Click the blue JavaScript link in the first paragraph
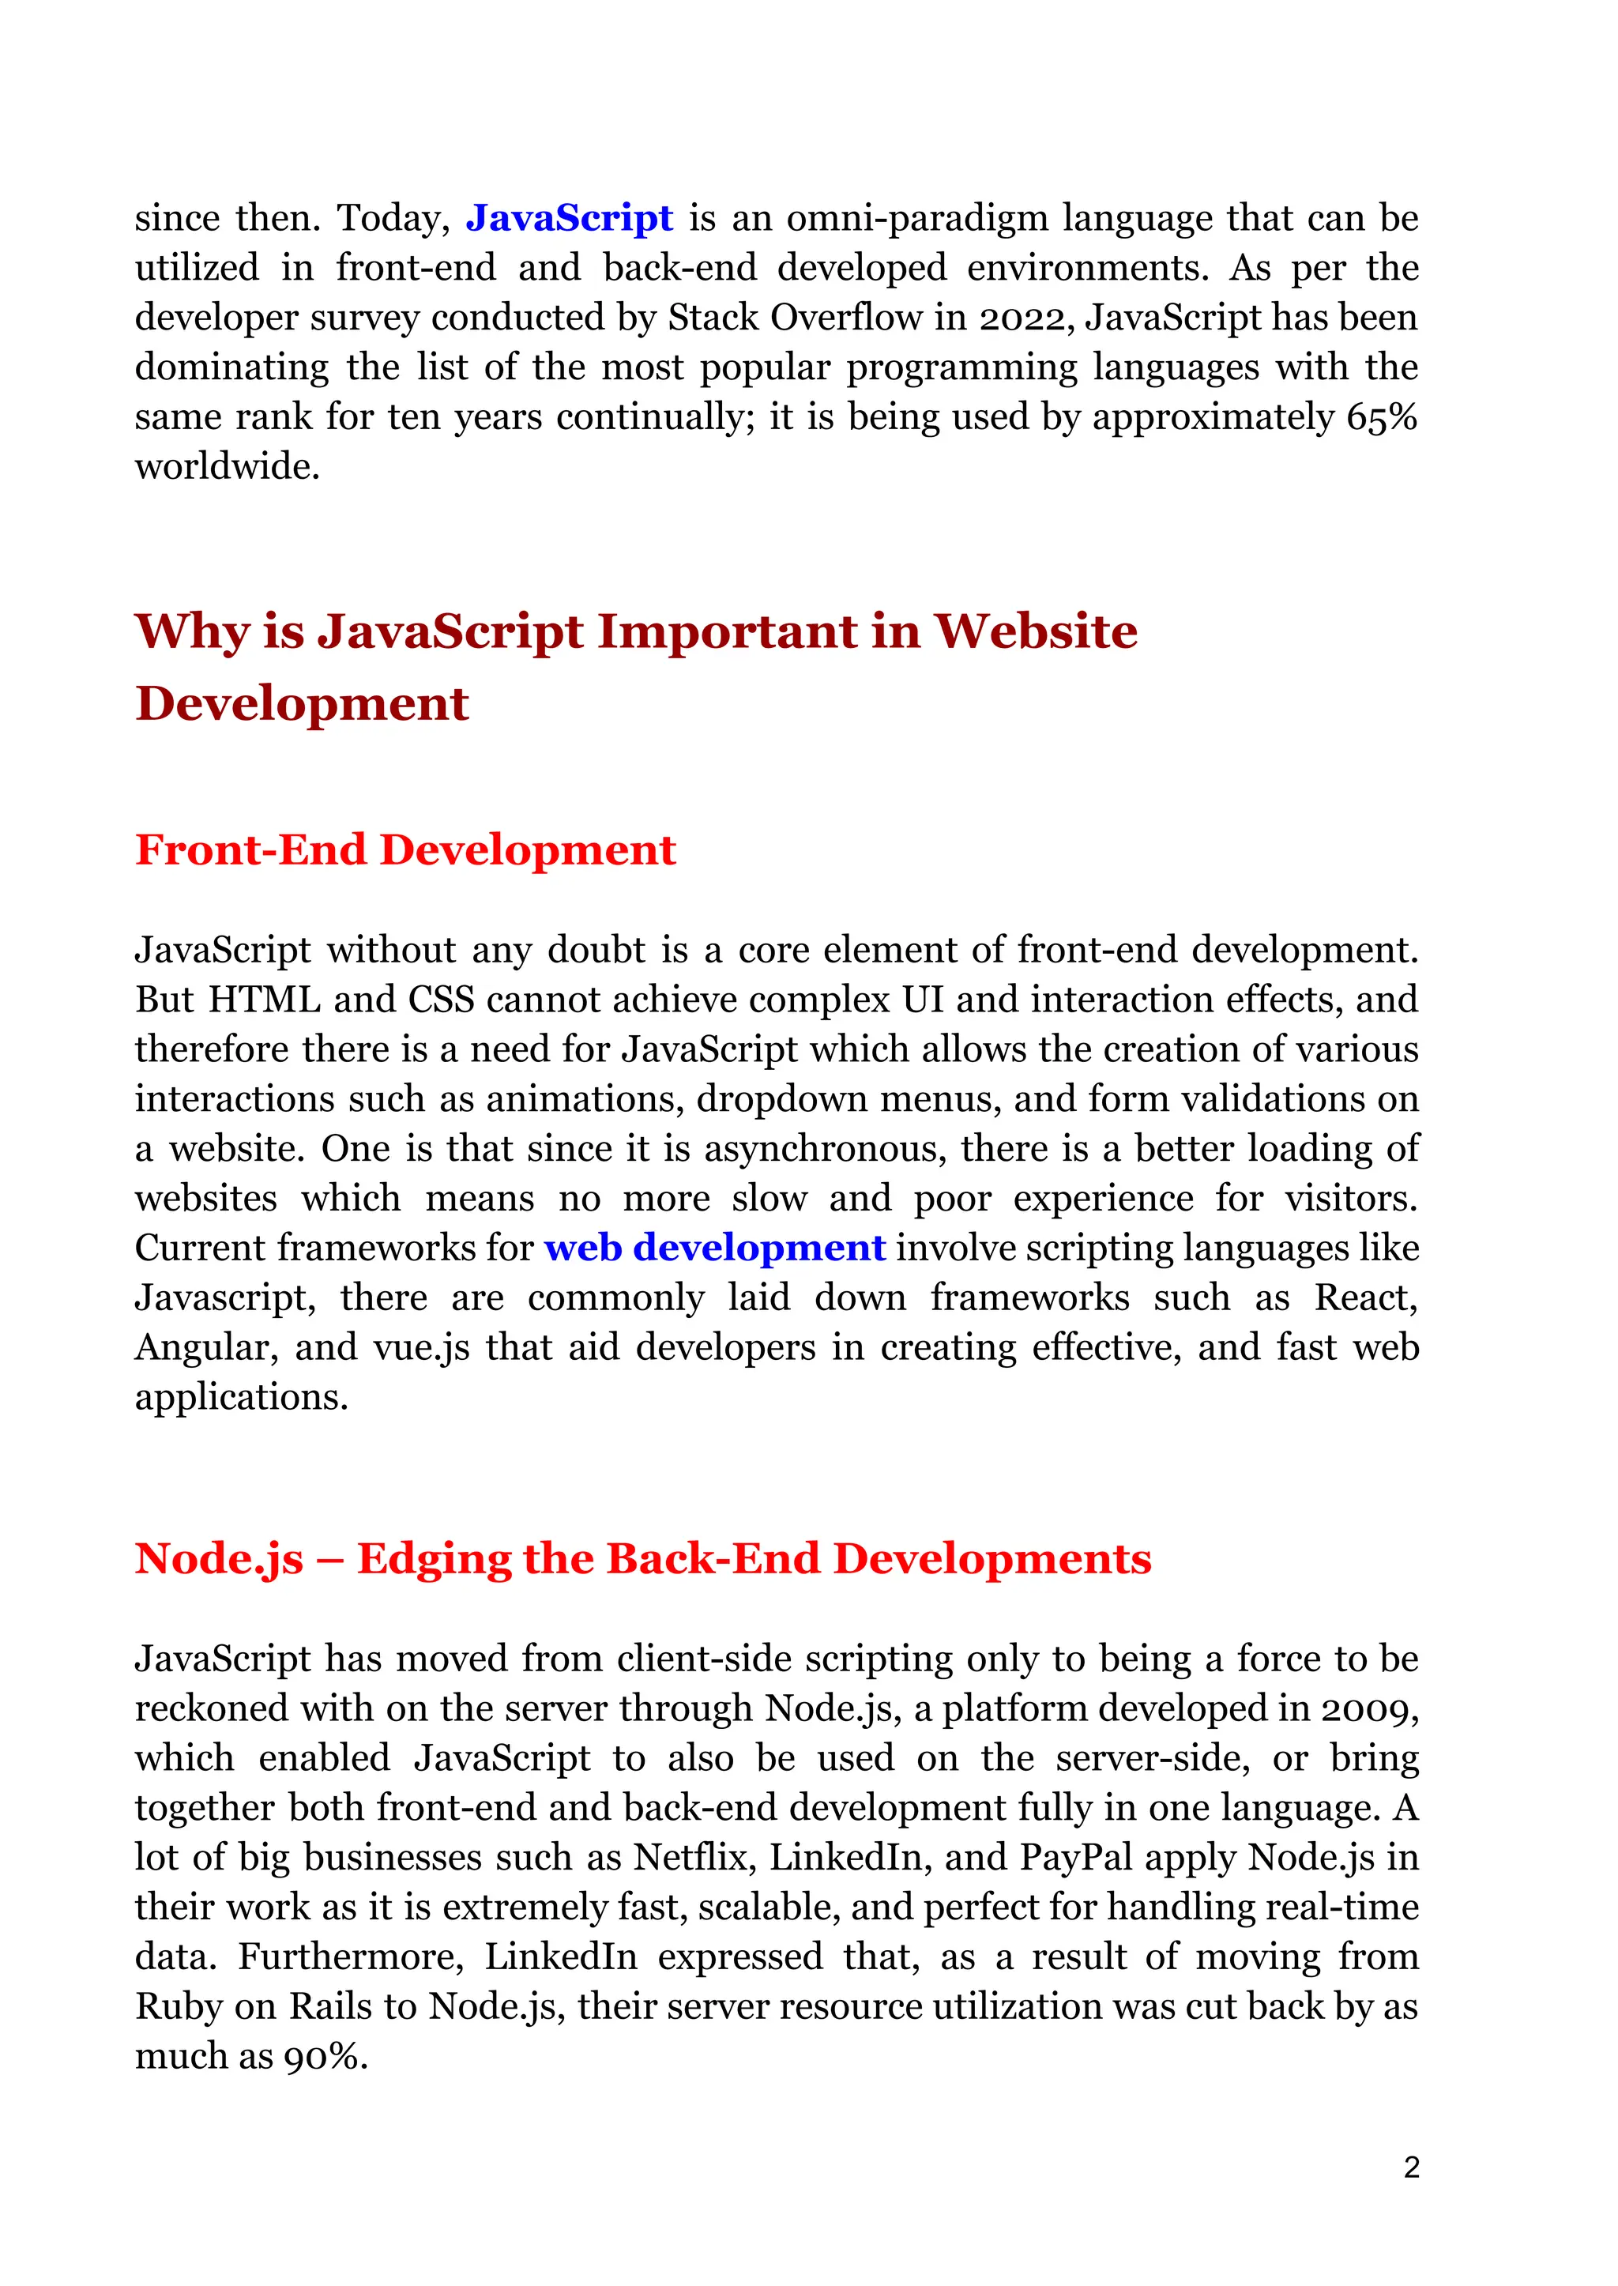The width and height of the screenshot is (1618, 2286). pos(569,218)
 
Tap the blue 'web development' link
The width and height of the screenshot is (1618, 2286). pos(714,1248)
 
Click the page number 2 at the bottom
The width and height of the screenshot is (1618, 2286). pos(1411,2167)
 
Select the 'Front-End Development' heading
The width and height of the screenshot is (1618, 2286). pos(405,850)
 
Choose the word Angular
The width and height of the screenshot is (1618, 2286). pos(205,1347)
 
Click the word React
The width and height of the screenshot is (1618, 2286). pos(1365,1297)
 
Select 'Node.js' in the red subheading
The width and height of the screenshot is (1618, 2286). pos(219,1560)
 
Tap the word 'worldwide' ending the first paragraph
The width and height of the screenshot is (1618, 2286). pos(226,466)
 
